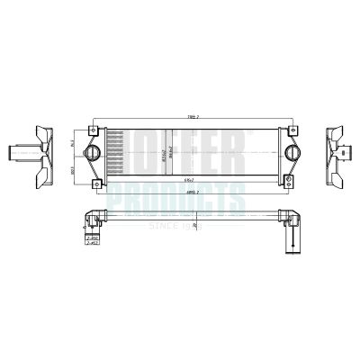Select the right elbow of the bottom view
290,218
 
